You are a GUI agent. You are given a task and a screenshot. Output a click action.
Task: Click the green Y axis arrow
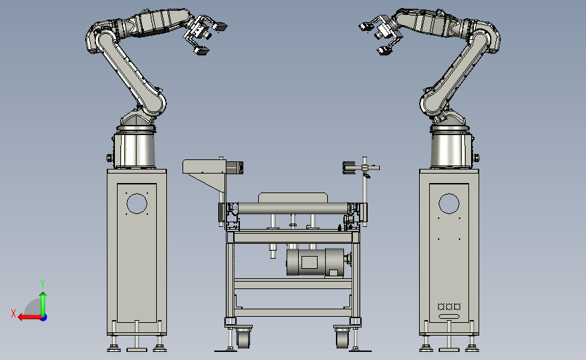coord(43,305)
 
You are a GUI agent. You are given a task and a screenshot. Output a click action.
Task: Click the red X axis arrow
coord(30,317)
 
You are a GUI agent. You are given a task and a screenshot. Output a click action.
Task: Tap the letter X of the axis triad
coord(14,313)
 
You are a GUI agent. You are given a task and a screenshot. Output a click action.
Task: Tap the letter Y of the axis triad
coord(43,284)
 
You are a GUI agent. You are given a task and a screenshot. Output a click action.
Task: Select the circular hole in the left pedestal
coord(137,203)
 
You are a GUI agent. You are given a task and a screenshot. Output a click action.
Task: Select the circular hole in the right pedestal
coord(449,203)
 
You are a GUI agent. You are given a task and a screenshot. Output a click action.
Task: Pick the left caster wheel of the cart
coord(244,338)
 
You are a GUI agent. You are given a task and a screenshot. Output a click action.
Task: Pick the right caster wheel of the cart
coord(342,338)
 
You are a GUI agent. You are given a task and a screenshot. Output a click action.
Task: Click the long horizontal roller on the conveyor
coord(293,209)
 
